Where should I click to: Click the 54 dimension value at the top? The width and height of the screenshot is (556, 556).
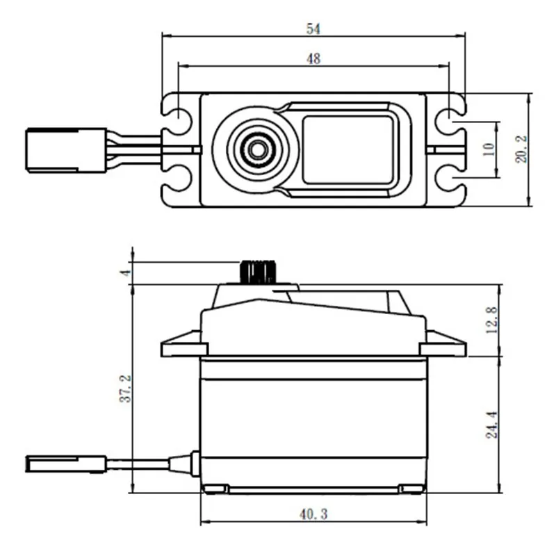pos(313,28)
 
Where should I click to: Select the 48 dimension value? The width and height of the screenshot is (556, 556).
pos(313,59)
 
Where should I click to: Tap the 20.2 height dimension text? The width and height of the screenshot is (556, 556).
pos(521,149)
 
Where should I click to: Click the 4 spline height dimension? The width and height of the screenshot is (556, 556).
pos(126,272)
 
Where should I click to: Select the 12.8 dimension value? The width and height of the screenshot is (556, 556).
pos(492,320)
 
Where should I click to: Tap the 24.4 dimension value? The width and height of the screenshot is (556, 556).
pos(492,424)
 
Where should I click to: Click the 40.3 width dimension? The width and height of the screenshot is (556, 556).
pos(313,514)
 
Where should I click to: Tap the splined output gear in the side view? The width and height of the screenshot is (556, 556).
pos(258,271)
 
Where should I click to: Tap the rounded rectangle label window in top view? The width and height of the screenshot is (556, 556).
pos(347,149)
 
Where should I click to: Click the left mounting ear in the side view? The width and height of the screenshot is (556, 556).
pos(183,345)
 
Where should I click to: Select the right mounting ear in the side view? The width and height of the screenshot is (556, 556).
pos(443,345)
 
